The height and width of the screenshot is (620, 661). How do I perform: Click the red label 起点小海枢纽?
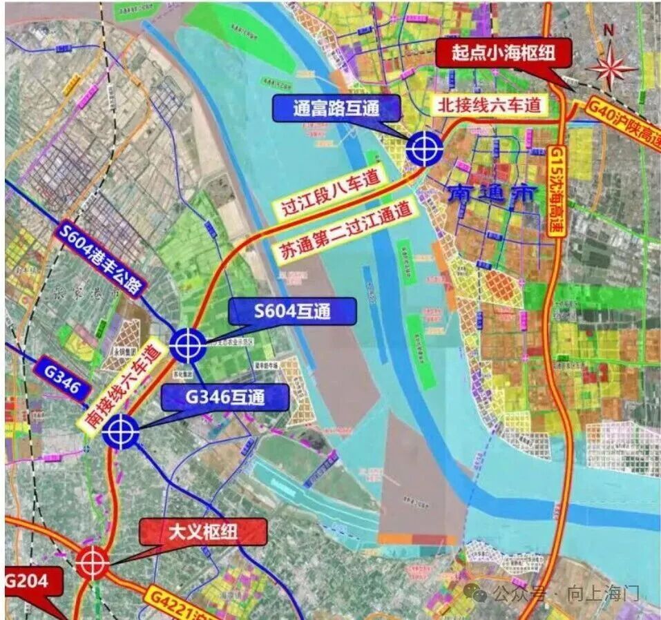(504, 53)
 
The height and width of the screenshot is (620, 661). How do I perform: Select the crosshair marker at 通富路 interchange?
(423, 148)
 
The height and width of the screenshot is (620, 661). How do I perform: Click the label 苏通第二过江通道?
(352, 231)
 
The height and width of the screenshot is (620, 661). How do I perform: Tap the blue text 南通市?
(491, 194)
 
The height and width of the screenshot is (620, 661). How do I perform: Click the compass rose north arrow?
(611, 66)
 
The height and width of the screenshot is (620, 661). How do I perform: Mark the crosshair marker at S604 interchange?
(187, 345)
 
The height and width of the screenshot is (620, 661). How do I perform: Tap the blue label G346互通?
(224, 397)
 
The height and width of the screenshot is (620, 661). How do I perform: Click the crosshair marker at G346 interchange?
(121, 432)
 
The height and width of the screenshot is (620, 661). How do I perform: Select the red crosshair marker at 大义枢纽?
(93, 562)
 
